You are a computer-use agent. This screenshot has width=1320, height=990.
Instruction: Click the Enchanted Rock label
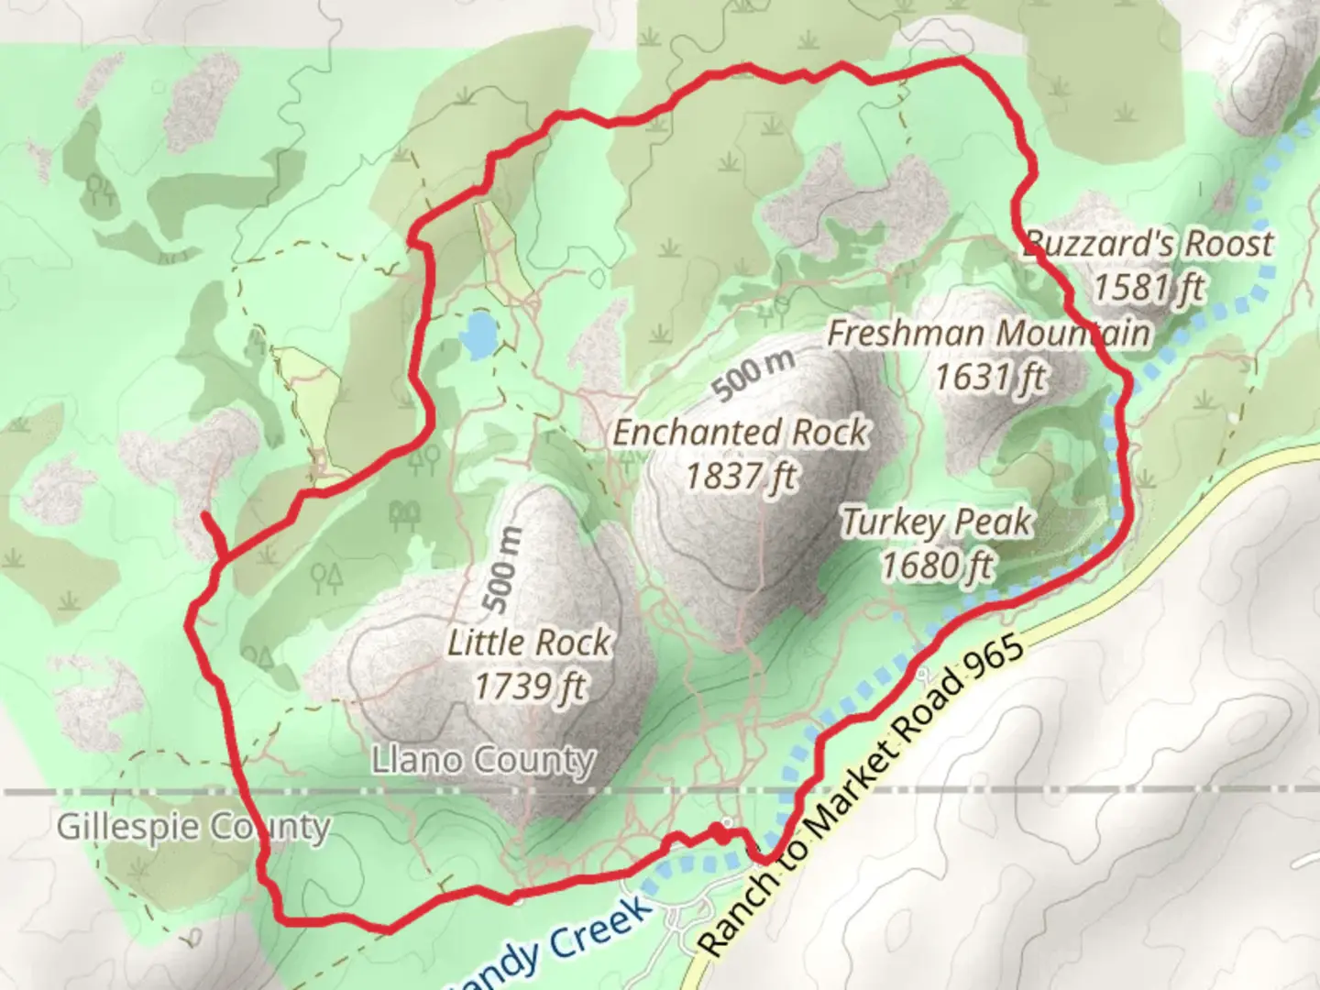740,433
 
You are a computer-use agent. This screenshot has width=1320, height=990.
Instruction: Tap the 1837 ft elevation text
740,477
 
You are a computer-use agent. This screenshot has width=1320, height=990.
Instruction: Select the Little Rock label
529,643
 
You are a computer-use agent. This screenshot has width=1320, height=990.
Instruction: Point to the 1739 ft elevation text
529,686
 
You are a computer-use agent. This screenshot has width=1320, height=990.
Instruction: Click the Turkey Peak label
937,522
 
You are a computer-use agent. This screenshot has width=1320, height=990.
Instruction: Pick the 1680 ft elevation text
937,566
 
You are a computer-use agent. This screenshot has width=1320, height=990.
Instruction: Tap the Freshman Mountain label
988,334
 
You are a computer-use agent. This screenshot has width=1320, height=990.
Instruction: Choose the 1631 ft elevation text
988,377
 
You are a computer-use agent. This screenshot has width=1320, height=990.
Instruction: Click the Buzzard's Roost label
1148,244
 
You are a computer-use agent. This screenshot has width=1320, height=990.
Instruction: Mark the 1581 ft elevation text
1148,288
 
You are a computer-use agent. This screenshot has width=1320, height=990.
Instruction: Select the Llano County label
483,760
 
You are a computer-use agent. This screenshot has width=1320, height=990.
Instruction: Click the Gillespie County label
192,827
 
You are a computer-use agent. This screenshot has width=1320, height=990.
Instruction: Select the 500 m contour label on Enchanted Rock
753,375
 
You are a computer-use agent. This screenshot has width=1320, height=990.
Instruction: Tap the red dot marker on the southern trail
721,833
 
